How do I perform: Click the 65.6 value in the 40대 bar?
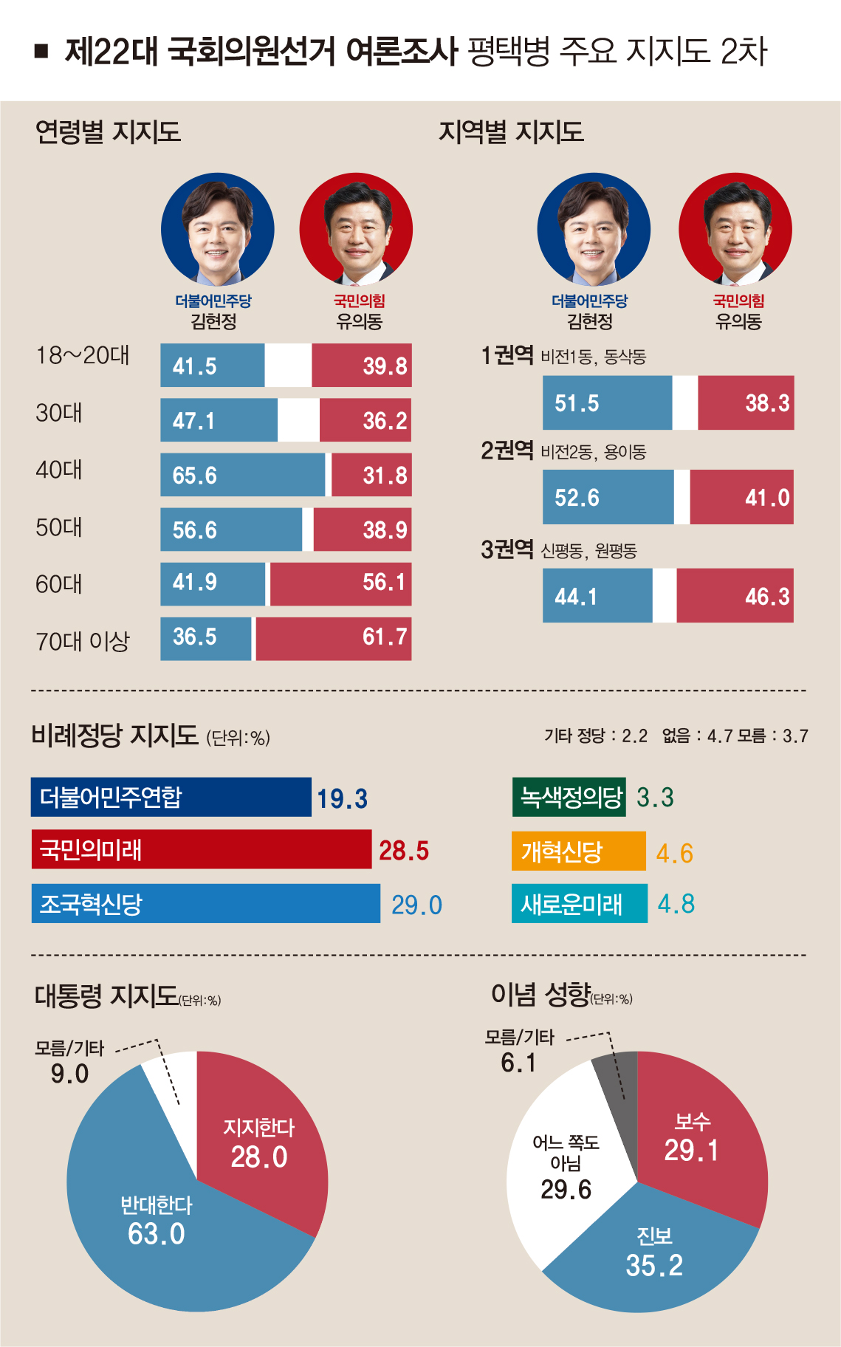click(x=195, y=476)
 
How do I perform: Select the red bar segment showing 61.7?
click(x=334, y=638)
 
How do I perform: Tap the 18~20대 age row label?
click(x=82, y=356)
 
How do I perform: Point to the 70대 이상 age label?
click(x=82, y=641)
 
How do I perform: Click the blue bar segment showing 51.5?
click(x=607, y=403)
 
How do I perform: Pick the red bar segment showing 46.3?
click(x=735, y=596)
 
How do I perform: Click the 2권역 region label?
click(x=507, y=450)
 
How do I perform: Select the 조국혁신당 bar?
click(x=205, y=903)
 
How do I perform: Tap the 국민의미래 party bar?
click(x=201, y=849)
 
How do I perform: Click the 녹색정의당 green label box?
click(x=569, y=797)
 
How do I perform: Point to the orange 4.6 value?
click(x=674, y=854)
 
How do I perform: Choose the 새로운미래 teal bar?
click(x=579, y=903)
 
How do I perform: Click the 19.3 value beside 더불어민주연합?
click(x=342, y=799)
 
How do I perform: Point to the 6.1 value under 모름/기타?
click(x=518, y=1063)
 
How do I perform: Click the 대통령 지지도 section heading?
click(x=106, y=996)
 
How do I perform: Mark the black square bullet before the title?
click(x=41, y=51)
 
